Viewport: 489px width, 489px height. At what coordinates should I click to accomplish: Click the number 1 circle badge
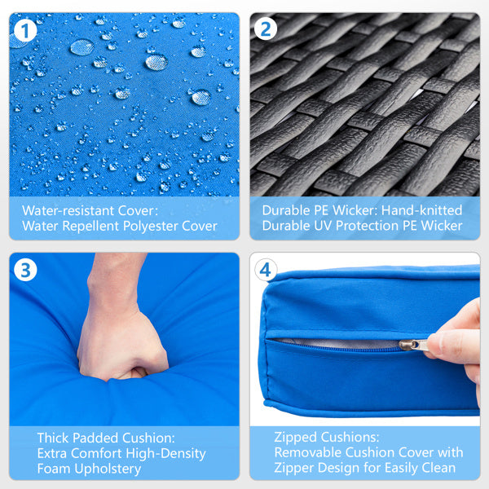25,30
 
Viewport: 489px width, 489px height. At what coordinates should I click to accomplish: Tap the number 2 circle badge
266,29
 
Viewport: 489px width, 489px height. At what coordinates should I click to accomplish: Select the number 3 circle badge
25,270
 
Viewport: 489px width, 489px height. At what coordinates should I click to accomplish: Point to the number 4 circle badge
266,270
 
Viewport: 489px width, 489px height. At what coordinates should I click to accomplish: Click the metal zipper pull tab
414,345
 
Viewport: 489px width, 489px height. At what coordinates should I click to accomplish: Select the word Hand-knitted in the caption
421,210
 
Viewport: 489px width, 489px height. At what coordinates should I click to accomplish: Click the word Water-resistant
68,210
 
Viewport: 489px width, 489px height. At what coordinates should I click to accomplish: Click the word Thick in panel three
53,438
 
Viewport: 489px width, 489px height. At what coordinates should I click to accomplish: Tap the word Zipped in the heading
295,437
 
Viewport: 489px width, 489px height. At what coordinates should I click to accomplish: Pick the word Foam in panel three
54,469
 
